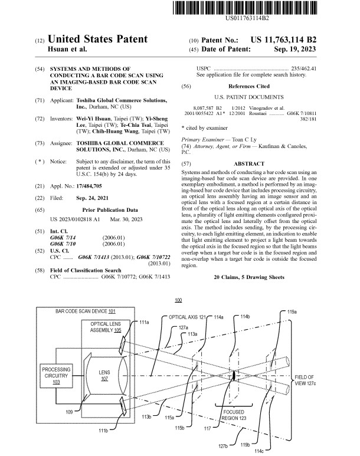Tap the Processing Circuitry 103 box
57,375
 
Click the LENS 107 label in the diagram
104,376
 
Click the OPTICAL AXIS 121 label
187,317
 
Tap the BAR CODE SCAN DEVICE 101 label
86,311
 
